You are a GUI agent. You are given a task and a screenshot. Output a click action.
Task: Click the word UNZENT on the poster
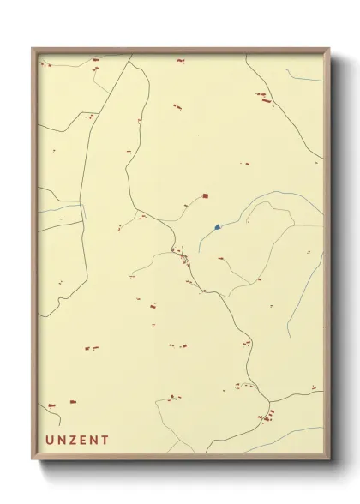pos(77,441)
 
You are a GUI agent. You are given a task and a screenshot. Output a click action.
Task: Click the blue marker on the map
pos(218,227)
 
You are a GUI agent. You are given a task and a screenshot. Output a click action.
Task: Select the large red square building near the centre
pos(205,196)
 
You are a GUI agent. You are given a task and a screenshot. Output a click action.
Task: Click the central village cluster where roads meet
pos(182,254)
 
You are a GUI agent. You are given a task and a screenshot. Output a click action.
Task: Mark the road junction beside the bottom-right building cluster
pos(271,403)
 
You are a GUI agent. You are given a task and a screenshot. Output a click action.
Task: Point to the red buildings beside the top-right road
pos(261,96)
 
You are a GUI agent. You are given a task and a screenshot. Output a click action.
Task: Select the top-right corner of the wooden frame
pos(329,50)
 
